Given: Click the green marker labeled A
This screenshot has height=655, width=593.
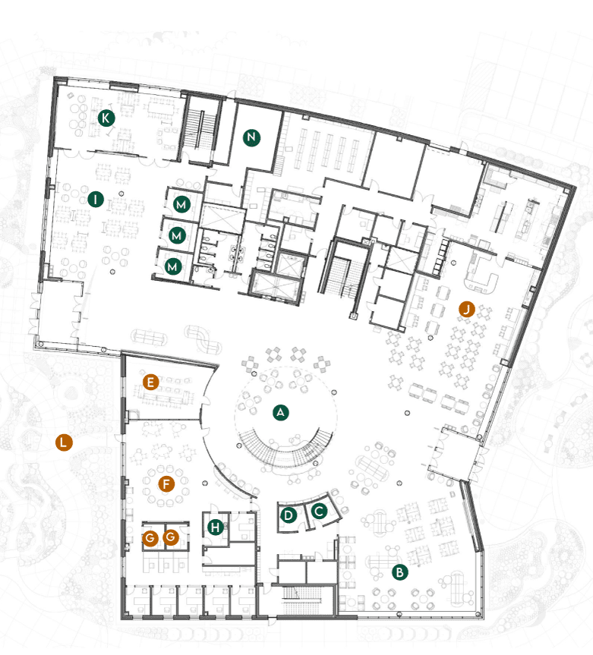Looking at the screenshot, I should pos(281,412).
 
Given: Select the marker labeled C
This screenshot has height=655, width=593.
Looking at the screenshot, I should pos(320,511).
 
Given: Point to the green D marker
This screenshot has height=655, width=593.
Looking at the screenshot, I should pos(289,515).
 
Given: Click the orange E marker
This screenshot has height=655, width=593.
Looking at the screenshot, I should pos(151,382).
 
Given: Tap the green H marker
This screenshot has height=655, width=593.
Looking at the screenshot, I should pos(217,526).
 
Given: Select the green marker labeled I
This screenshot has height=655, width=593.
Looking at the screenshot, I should pos(95,199).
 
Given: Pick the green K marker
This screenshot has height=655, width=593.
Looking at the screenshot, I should pos(106,118).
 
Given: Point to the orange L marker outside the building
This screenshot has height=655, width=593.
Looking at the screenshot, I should pos(65,442).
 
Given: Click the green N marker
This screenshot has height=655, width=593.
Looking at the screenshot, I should pos(251,137).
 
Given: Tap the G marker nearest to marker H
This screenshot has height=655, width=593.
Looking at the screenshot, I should pos(171,538).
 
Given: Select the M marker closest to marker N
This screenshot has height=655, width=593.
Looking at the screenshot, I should pos(181,204).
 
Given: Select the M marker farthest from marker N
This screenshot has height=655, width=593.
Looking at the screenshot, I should pos(174,266).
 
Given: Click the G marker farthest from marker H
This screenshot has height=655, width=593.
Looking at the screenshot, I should pos(150,538).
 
